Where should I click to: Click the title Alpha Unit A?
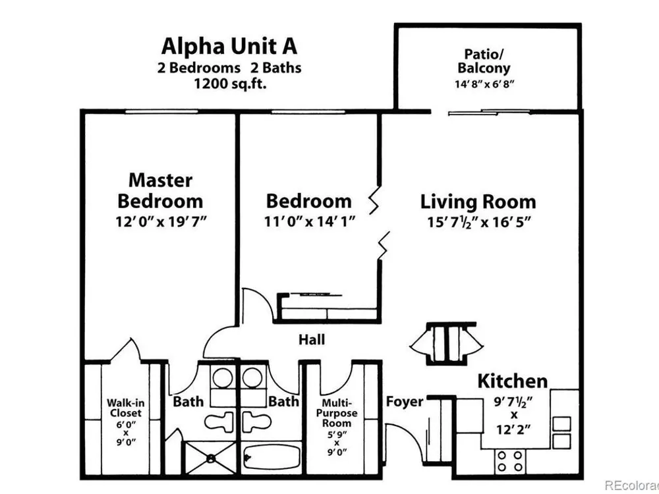coord(229,46)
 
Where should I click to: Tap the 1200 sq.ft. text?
coord(230,84)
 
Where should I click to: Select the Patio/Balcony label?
coord(484,61)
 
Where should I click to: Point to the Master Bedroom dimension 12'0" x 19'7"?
coord(162,221)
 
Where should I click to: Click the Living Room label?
coord(478,202)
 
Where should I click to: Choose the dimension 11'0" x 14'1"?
coord(310,221)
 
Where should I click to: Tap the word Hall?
coord(312,339)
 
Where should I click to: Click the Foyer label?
coord(405,402)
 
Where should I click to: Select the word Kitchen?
coord(513,381)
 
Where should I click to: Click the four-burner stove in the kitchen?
coord(510,461)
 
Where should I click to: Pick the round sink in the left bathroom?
coord(222,377)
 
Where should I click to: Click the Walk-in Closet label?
coord(125,408)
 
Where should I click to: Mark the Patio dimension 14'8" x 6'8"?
coord(484,84)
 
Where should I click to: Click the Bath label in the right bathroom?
coord(283,402)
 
